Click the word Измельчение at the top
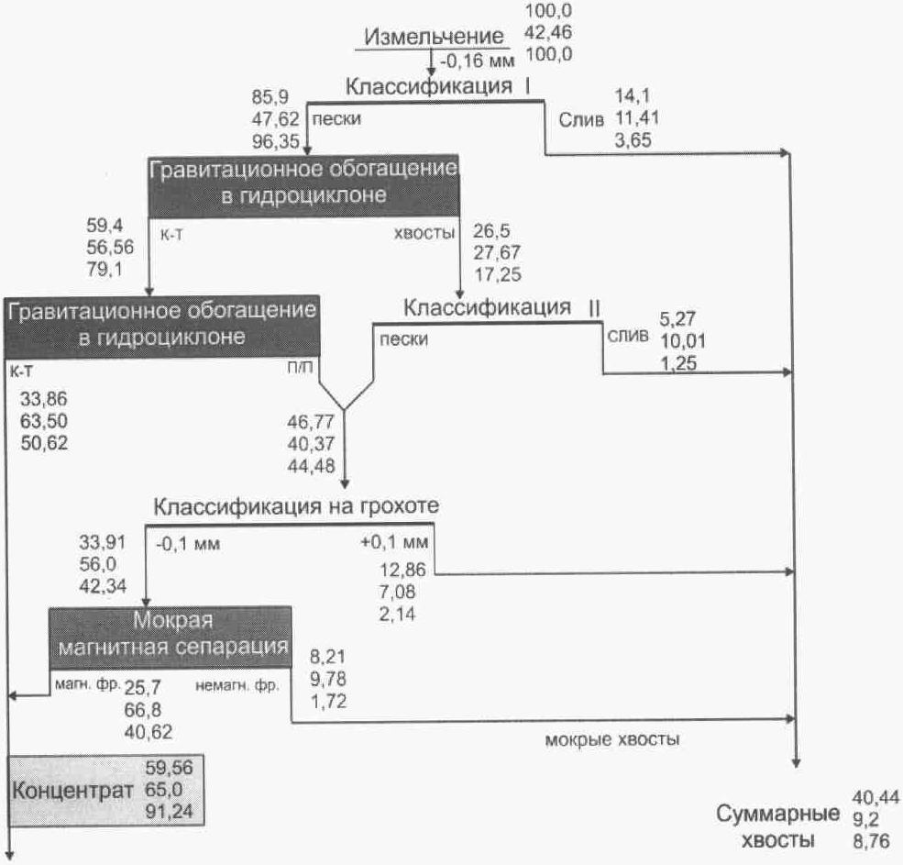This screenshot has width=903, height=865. coord(434,37)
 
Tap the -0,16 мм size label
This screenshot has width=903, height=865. coord(478,60)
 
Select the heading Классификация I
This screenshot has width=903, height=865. coord(437,86)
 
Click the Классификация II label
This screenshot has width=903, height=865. coord(501,307)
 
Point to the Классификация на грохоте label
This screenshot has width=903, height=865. coord(296,506)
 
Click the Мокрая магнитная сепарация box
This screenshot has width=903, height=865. coord(170,637)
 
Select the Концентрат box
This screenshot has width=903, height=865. coord(106,790)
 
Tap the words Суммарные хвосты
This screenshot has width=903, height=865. coord(777,826)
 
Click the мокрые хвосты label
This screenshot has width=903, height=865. coord(612,739)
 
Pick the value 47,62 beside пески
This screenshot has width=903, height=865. coord(275,118)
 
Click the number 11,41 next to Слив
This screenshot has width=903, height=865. coord(637,118)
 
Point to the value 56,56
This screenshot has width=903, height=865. coord(110,248)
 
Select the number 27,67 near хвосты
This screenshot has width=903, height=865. coord(497,252)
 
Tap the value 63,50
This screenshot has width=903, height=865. coord(44,421)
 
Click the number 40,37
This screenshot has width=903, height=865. coord(311,444)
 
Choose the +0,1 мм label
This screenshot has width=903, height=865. coord(394,542)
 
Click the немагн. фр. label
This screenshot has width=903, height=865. coord(237,686)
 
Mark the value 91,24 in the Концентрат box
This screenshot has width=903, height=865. coord(170,812)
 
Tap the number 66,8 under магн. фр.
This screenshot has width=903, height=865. coord(143,709)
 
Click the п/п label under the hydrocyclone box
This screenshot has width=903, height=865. coord(300,368)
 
